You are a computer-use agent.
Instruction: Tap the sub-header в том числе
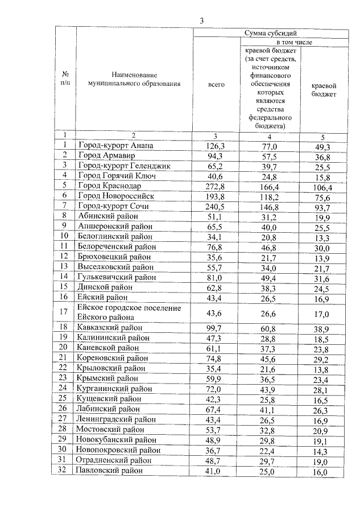click(293, 42)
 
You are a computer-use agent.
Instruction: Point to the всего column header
click(217, 84)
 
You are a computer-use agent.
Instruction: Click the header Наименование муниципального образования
click(134, 80)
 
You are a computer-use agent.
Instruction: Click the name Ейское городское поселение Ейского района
click(129, 312)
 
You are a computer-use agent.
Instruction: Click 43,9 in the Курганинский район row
click(270, 389)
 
